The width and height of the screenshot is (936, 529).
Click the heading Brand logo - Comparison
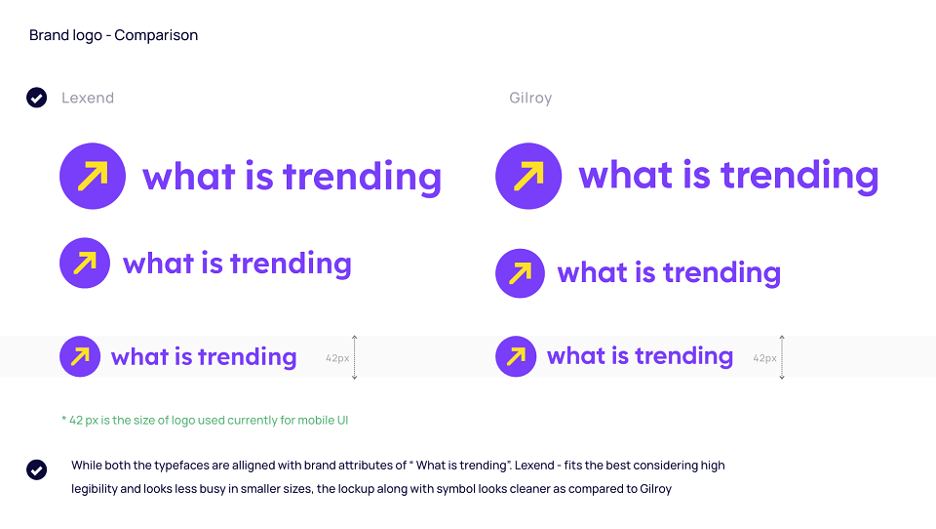(x=113, y=35)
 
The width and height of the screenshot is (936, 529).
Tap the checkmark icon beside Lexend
(x=36, y=98)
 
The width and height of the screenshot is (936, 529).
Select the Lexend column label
(x=88, y=98)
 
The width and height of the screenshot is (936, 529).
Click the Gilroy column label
(x=530, y=98)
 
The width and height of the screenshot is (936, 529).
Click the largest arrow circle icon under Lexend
(x=93, y=176)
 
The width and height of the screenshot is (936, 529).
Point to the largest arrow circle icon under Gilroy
(x=528, y=176)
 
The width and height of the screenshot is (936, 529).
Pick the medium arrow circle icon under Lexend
(x=85, y=263)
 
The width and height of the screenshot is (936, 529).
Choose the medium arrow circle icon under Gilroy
(x=520, y=273)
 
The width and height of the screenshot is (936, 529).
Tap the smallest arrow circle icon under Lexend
(x=80, y=356)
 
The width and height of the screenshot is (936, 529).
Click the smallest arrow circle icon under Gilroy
(x=516, y=356)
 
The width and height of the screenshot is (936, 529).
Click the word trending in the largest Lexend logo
(x=363, y=178)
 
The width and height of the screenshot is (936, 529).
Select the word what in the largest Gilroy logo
(x=626, y=175)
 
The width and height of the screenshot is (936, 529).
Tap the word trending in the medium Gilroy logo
(x=722, y=273)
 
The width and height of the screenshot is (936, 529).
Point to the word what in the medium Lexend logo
(x=158, y=264)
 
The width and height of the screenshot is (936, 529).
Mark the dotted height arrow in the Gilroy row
(x=781, y=357)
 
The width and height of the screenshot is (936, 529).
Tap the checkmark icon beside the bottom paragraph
(x=36, y=469)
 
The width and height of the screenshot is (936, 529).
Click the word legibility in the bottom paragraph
(x=95, y=489)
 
